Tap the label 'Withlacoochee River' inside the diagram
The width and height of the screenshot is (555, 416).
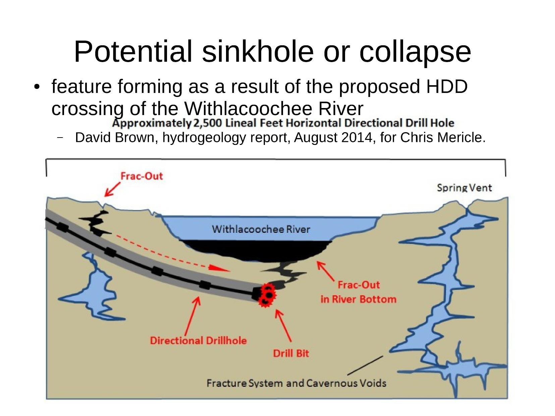pos(261,229)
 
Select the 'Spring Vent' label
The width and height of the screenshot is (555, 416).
pos(464,188)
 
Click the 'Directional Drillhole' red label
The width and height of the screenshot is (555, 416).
pos(198,341)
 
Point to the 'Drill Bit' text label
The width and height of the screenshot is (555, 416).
pos(291,353)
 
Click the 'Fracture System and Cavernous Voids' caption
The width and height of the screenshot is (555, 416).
pos(296,383)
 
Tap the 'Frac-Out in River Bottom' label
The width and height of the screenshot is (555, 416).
pos(358,292)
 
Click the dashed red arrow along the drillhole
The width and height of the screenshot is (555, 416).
pos(173,253)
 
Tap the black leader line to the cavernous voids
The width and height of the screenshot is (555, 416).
pos(365,365)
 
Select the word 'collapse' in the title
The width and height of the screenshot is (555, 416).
pos(415,52)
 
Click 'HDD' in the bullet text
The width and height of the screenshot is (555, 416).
pos(447,87)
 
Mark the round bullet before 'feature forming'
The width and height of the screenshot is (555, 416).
pos(37,87)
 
